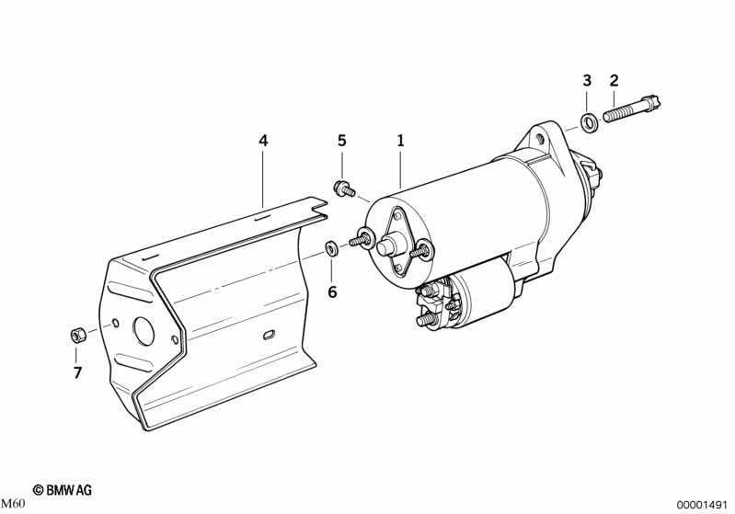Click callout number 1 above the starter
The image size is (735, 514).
click(400, 141)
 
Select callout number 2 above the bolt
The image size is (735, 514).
click(614, 81)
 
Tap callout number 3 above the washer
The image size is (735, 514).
click(587, 81)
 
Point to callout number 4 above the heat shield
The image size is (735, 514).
click(263, 141)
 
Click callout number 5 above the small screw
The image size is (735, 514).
click(341, 141)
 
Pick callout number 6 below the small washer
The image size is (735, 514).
click(332, 291)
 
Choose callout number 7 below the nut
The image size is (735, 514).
click(77, 372)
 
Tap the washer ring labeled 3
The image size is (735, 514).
click(589, 122)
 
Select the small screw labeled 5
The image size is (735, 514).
click(344, 189)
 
